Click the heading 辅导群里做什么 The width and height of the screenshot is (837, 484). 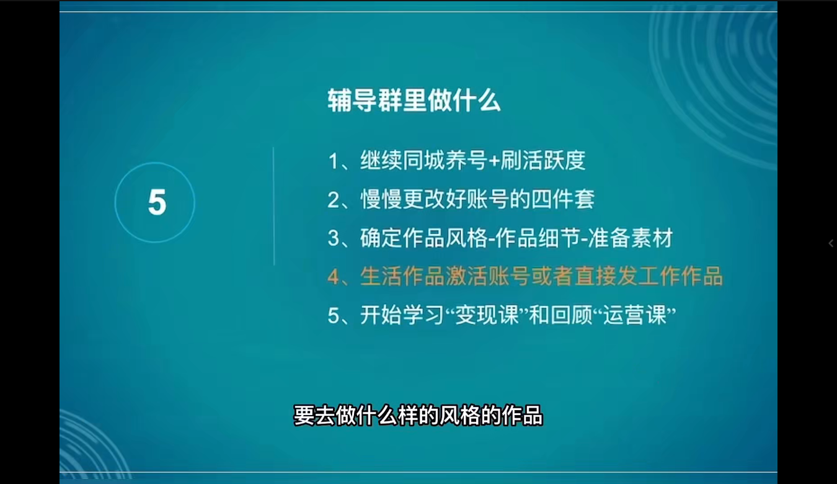(414, 101)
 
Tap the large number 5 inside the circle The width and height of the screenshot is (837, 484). (157, 203)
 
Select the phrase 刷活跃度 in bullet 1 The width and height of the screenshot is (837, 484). (542, 161)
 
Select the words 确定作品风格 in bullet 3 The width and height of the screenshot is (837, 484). (423, 238)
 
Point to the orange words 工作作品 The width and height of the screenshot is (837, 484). (681, 277)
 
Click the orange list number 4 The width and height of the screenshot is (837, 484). (334, 277)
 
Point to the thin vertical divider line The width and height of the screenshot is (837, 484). (274, 206)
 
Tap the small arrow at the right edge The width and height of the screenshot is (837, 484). (831, 243)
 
